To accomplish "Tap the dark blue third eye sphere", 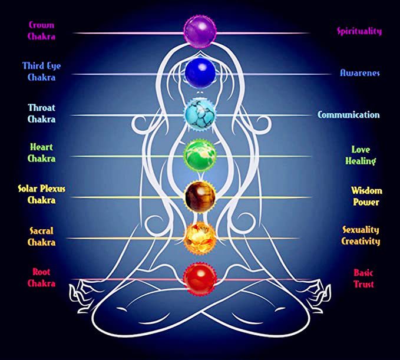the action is [200, 71].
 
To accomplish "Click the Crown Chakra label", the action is [41, 31].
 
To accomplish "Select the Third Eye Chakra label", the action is [41, 71].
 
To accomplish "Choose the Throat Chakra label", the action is [41, 113].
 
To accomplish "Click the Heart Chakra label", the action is [41, 153].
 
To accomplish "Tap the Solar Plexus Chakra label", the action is [41, 194].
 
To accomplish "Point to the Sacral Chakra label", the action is [41, 236].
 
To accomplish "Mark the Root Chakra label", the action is [41, 277].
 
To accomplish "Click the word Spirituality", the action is [359, 31].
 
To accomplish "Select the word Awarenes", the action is [359, 73].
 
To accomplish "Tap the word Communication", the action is [349, 115].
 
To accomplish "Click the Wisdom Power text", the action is [366, 196].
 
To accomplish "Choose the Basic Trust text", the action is [363, 278].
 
